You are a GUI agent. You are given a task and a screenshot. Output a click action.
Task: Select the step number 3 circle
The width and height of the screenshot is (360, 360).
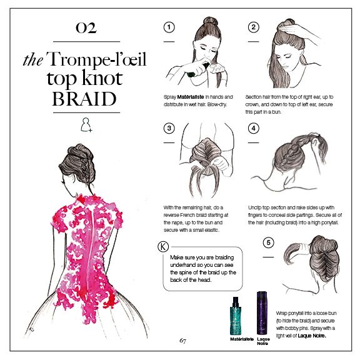[x=168, y=129]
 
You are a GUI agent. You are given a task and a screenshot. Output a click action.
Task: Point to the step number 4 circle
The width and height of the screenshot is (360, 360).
[x=253, y=129]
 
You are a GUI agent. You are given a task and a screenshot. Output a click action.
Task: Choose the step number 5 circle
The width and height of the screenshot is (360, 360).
[x=268, y=243]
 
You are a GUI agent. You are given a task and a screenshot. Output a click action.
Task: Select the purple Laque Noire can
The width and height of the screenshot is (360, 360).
[x=262, y=312]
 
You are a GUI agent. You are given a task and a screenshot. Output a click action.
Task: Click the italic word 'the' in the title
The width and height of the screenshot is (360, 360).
[x=32, y=61]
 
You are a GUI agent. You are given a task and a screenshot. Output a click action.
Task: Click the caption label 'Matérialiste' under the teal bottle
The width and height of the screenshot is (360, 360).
[x=241, y=338]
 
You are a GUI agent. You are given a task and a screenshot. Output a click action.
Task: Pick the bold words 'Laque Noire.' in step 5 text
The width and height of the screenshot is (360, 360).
[x=309, y=335]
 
